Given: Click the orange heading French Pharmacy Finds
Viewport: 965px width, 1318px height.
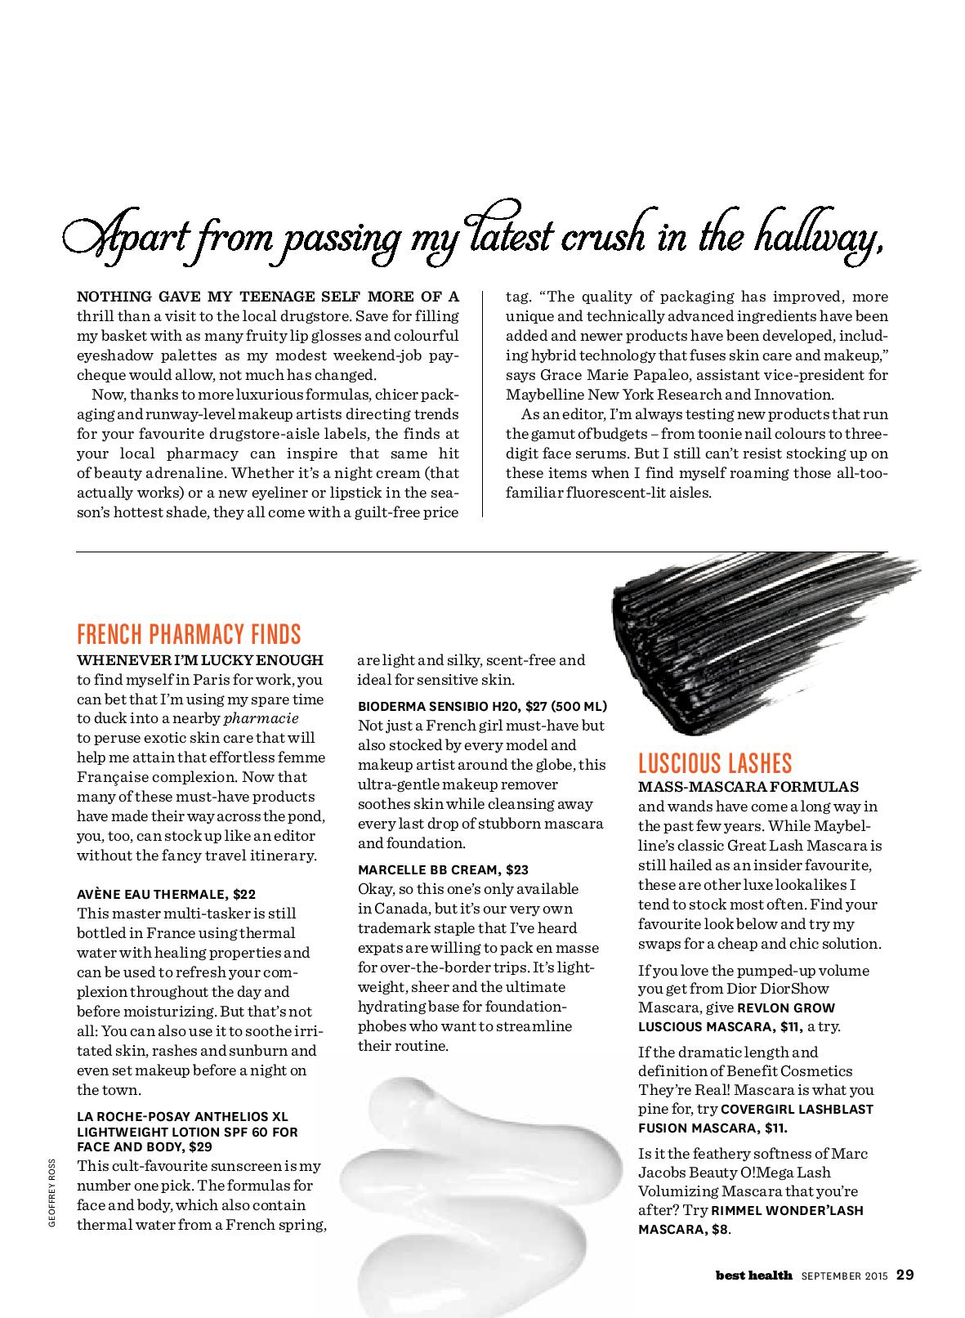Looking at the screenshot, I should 189,633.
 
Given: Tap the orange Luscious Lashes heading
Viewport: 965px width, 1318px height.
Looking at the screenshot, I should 715,763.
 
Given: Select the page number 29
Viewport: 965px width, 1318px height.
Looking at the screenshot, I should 905,1274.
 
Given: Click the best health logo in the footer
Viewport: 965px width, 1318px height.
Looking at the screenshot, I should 743,1275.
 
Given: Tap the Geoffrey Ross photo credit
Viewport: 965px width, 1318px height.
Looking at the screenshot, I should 51,1192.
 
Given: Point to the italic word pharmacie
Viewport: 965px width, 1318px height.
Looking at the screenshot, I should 261,718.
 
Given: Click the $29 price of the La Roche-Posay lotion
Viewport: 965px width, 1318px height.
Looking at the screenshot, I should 200,1147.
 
